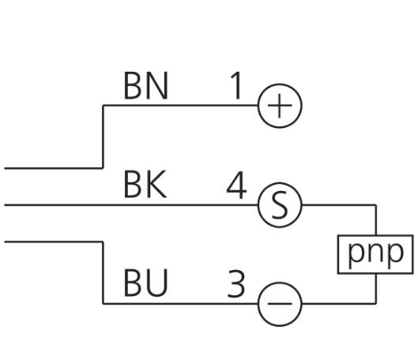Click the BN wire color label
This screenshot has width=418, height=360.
pos(146,85)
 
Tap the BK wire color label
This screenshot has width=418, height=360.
pos(145,184)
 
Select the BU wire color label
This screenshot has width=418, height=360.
pos(146,283)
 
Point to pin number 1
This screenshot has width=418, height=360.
pos(236,85)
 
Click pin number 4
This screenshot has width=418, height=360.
pos(236,186)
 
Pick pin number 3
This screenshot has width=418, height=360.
pos(236,283)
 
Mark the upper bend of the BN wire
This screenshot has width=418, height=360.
pos(104,106)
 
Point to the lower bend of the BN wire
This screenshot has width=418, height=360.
pos(104,168)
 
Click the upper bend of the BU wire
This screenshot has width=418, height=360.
pos(104,242)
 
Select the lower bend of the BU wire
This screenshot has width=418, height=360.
pos(104,303)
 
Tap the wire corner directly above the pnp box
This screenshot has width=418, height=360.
pos(376,205)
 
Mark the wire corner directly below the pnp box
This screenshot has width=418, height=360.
pos(376,303)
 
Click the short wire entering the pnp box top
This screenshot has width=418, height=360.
pos(376,220)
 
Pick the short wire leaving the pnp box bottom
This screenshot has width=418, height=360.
pos(376,289)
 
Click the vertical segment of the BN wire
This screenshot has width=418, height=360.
pos(104,137)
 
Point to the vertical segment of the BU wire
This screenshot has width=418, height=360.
pos(104,272)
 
